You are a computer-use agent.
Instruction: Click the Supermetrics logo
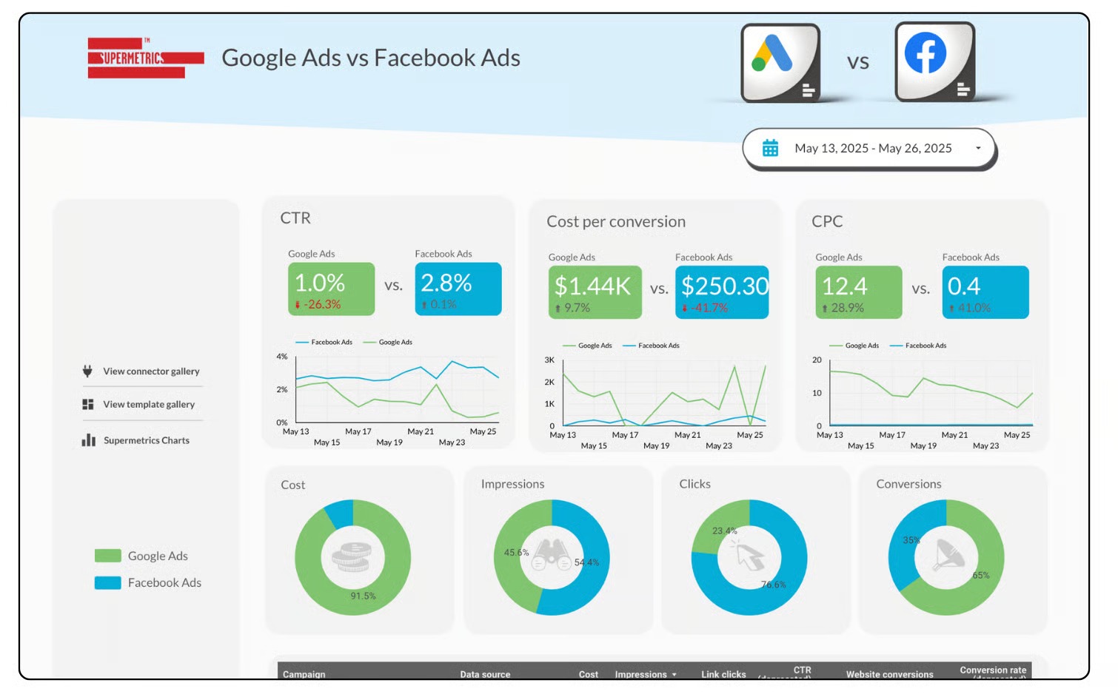(145, 58)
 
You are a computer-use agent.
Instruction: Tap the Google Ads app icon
(780, 62)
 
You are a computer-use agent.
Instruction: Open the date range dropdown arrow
(978, 148)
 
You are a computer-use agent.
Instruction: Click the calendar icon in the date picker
(770, 148)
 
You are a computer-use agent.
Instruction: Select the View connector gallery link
(151, 371)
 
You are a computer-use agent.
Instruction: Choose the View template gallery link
(148, 405)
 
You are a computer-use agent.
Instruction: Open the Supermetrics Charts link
(146, 440)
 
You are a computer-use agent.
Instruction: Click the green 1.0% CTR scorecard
(331, 289)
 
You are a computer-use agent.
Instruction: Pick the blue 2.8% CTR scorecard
(458, 289)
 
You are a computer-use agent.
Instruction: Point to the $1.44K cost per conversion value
(593, 286)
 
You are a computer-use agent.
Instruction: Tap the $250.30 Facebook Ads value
(724, 286)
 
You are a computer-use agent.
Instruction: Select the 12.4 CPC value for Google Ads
(845, 286)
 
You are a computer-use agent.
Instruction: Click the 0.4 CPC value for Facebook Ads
(964, 286)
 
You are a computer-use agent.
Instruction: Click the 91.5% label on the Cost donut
(363, 596)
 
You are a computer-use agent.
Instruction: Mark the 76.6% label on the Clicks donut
(773, 585)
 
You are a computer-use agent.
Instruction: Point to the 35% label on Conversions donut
(911, 540)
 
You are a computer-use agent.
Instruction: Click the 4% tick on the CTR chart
(282, 357)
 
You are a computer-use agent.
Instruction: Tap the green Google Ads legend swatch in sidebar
(108, 556)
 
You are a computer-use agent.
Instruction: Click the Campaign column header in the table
(304, 674)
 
